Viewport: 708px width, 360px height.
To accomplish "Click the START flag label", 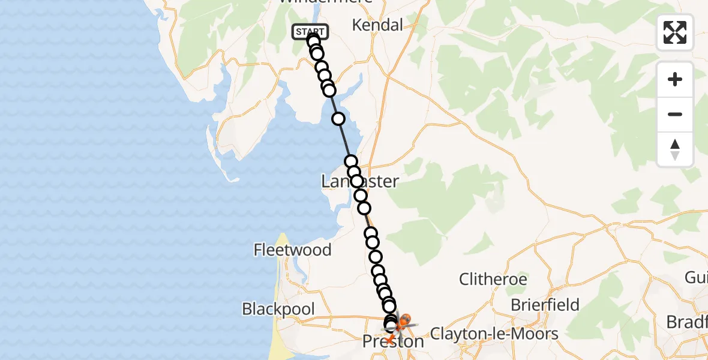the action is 310,31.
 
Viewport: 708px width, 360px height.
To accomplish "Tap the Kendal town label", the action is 377,25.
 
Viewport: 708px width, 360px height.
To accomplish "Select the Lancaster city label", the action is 359,181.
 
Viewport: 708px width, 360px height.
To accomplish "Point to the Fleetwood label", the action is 292,250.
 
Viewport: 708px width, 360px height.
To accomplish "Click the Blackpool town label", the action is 278,309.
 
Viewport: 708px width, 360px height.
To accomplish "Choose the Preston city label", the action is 393,341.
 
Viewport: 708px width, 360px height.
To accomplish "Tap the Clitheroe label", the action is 493,279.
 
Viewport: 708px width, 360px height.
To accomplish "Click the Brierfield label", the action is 545,305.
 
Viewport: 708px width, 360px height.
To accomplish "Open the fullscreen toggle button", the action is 675,32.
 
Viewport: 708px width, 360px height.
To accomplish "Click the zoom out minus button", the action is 675,114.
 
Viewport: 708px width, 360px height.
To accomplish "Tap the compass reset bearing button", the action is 675,149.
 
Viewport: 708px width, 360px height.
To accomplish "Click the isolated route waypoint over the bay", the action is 338,119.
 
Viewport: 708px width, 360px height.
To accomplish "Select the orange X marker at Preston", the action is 388,340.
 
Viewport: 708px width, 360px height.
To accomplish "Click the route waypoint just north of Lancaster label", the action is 351,161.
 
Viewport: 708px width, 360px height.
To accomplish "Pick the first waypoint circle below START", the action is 313,41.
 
